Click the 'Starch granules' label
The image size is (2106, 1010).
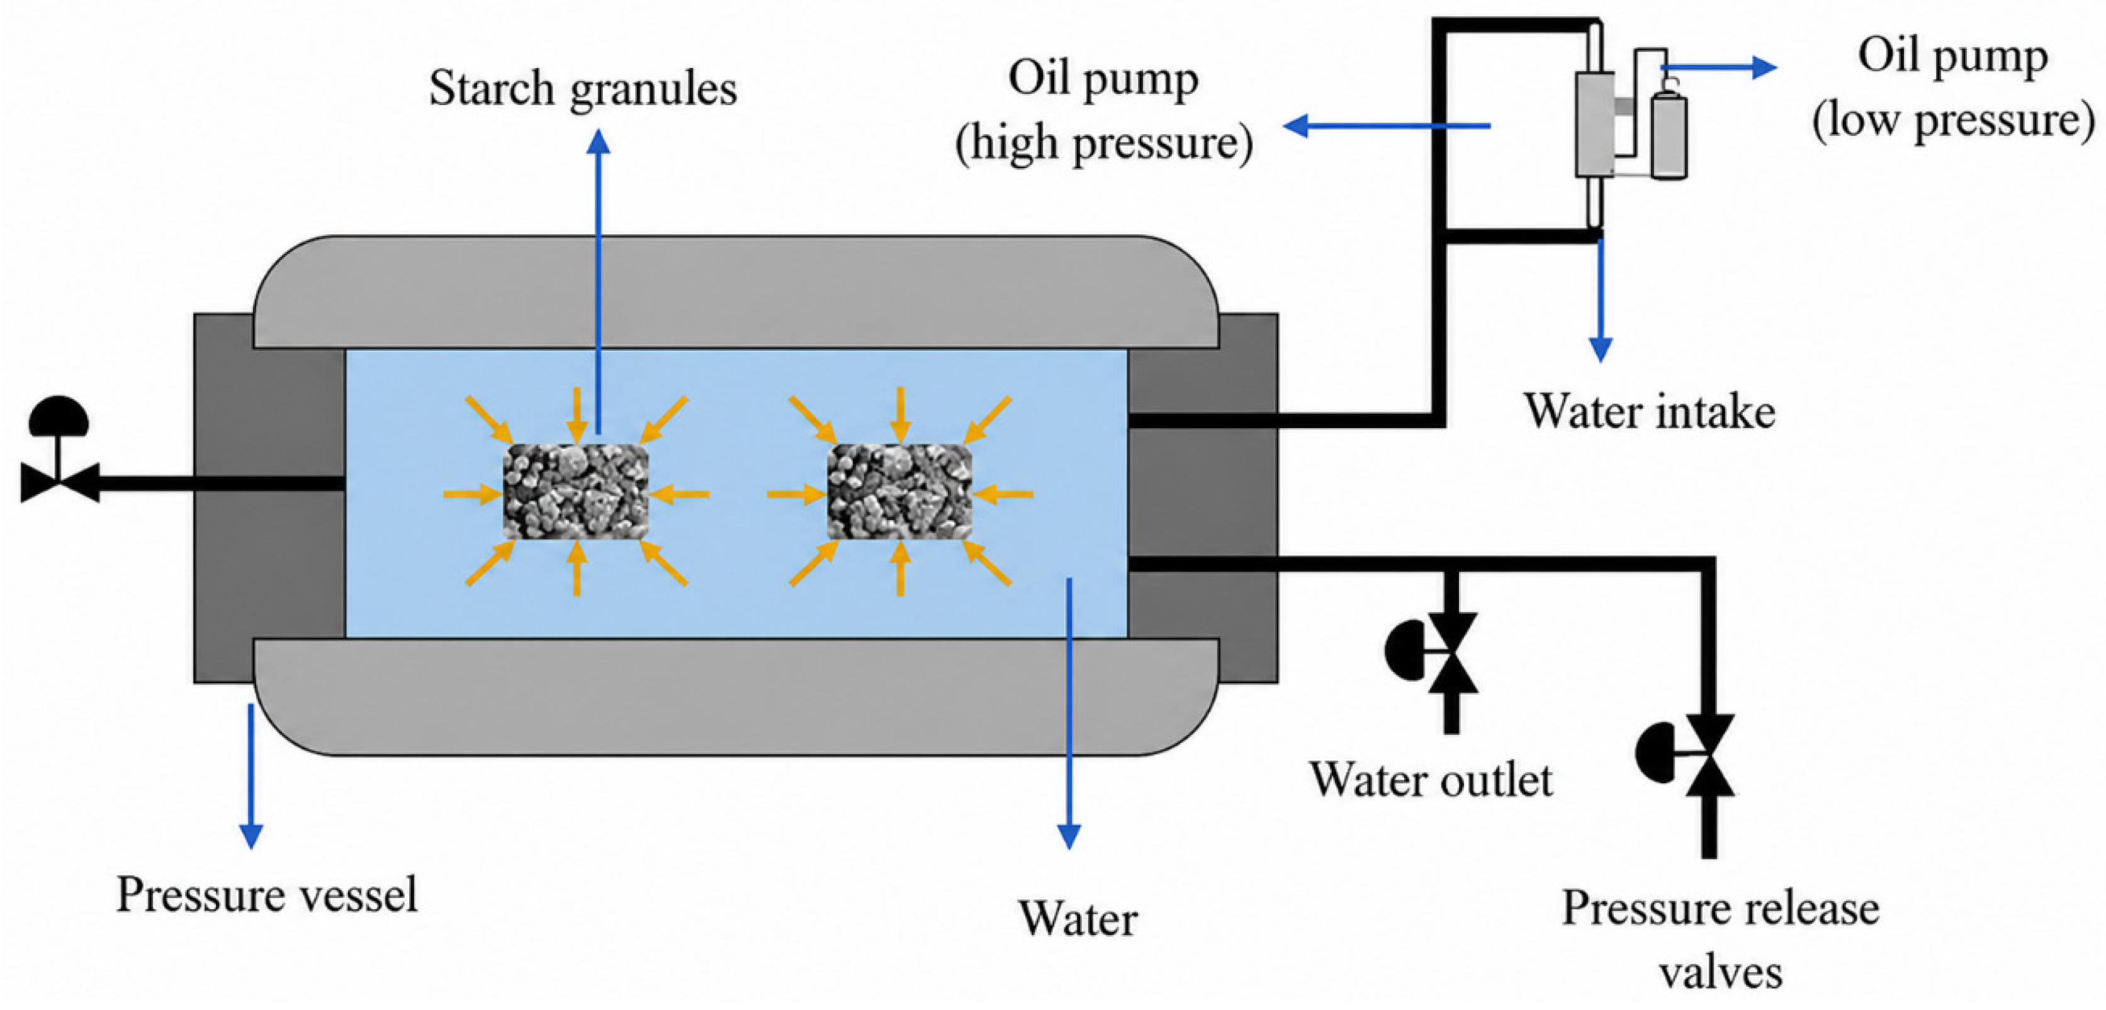(583, 88)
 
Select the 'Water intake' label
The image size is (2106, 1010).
(1649, 411)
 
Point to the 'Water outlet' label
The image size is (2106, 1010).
(1431, 780)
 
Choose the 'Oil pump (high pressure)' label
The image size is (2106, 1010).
(1104, 110)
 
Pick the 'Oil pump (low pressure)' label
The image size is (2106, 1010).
(1953, 88)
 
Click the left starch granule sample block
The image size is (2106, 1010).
(575, 492)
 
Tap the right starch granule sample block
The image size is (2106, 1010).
(899, 492)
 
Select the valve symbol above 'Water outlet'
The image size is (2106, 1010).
(1433, 652)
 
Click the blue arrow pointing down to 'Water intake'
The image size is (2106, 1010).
(1601, 299)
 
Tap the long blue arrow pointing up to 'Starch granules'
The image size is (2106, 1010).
(599, 281)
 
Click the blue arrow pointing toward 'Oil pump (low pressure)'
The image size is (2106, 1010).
(1718, 67)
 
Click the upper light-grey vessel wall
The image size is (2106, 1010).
(736, 292)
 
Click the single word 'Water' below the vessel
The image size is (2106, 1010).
(1078, 919)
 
